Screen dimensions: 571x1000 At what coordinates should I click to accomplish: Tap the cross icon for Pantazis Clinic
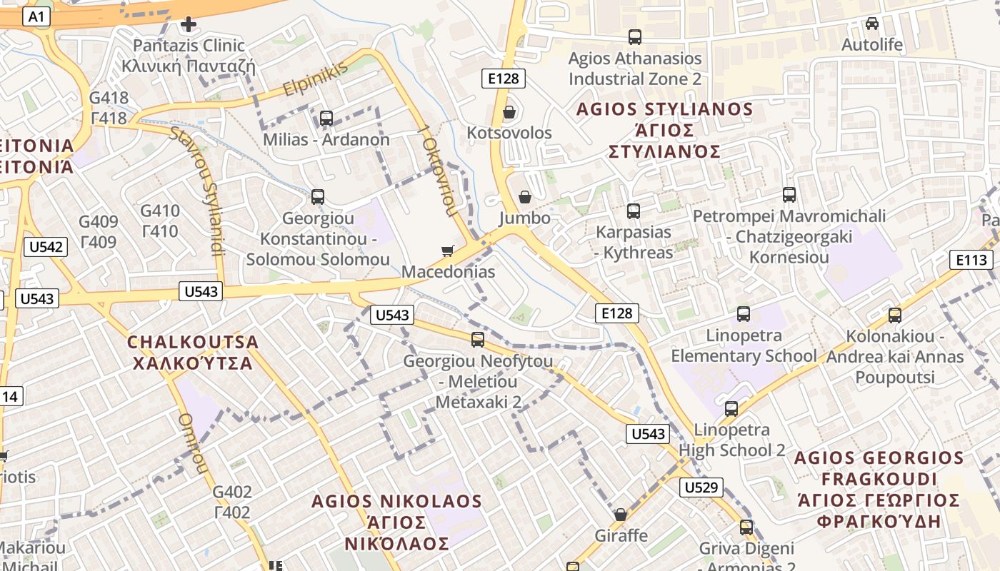[189, 25]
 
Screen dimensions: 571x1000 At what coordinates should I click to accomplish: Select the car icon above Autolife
[872, 24]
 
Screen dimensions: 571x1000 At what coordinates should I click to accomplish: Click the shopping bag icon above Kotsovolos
[509, 112]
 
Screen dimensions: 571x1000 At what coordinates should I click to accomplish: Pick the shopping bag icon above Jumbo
[525, 196]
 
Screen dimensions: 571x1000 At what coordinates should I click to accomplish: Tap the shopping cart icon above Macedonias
[448, 251]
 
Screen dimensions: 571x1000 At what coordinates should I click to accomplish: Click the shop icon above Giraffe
[621, 515]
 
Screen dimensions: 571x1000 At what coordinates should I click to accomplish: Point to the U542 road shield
[46, 247]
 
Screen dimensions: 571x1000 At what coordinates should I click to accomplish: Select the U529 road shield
[701, 487]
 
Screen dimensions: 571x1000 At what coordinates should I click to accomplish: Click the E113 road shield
[971, 260]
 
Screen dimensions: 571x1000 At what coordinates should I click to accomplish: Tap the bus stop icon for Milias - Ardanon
[326, 118]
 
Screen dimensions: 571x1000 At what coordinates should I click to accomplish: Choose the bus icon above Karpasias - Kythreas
[634, 211]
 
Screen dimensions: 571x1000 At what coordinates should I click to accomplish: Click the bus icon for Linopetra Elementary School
[744, 314]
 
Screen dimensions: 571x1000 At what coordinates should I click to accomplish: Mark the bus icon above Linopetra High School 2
[731, 409]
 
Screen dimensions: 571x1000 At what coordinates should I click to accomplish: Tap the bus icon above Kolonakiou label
[895, 315]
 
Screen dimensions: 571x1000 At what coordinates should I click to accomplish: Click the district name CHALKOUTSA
[193, 342]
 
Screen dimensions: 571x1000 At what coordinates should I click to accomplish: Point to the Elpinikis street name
[315, 79]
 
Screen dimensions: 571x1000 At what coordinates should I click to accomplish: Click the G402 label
[233, 492]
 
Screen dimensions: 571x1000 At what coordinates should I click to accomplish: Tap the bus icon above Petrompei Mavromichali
[789, 194]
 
